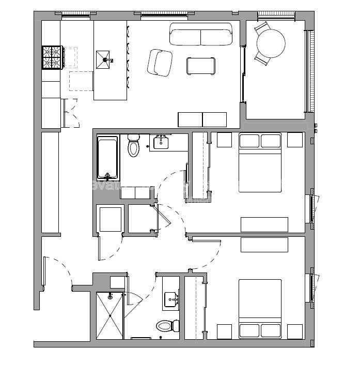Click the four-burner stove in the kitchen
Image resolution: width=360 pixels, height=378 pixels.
[52, 57]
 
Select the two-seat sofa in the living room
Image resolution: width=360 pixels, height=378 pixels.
[200, 37]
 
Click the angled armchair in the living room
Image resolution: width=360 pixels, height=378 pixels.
[160, 63]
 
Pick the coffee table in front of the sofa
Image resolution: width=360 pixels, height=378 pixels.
[200, 66]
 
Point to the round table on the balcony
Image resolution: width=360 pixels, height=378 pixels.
[271, 43]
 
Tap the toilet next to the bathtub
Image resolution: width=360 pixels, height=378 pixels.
[134, 146]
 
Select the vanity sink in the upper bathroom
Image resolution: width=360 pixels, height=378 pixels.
[162, 141]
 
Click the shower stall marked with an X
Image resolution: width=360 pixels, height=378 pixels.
[109, 315]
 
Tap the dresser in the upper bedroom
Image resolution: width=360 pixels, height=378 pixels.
[264, 224]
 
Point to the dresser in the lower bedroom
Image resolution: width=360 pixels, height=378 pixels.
[264, 245]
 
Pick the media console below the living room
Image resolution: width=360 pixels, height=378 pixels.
[202, 119]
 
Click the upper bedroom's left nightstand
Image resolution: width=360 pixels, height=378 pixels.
[224, 140]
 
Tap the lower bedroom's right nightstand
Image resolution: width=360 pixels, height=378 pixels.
[295, 331]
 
